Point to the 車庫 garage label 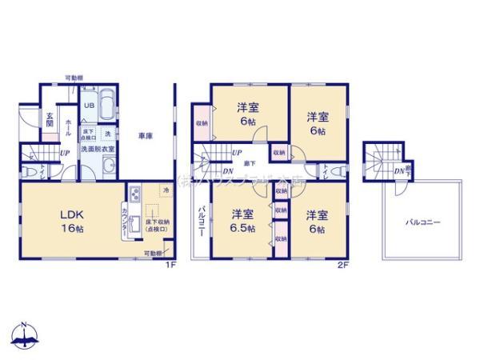tap(145, 134)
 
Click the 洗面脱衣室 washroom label tap(101, 149)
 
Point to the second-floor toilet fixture tap(332, 170)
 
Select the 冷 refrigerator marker tap(166, 190)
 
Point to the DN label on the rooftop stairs tap(398, 170)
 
